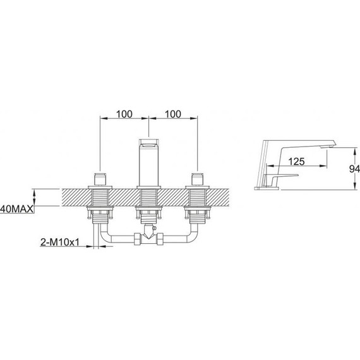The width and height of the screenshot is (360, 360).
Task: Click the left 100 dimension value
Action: point(124,114)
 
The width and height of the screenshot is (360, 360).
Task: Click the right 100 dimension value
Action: point(173,114)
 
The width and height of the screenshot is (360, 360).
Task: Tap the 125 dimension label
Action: point(296,162)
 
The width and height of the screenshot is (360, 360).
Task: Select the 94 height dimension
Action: point(354,169)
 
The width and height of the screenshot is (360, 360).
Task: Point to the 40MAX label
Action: point(17,209)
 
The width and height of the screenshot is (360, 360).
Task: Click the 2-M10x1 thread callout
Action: point(60,242)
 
